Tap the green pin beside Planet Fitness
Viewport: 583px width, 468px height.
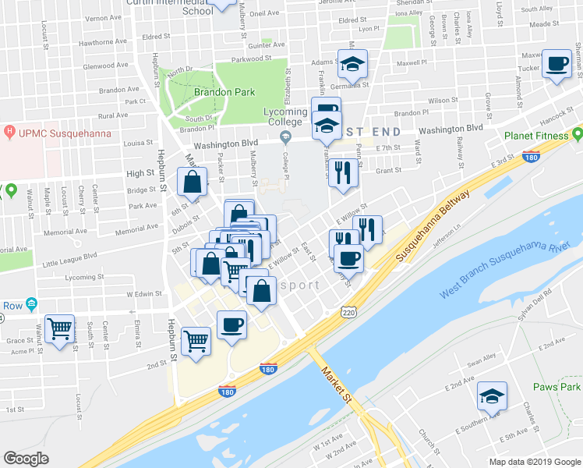click(577, 134)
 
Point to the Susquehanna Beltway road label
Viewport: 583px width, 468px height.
click(433, 226)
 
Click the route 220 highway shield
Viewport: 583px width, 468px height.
click(348, 311)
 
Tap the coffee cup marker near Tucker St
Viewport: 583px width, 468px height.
click(557, 64)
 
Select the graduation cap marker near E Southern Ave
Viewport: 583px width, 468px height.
click(492, 397)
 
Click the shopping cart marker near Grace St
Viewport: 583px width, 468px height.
click(59, 329)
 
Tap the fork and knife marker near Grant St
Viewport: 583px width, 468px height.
click(343, 174)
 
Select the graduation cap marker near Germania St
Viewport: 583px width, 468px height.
click(352, 64)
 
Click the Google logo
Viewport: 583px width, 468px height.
click(26, 459)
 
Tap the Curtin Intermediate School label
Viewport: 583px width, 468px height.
click(196, 6)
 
